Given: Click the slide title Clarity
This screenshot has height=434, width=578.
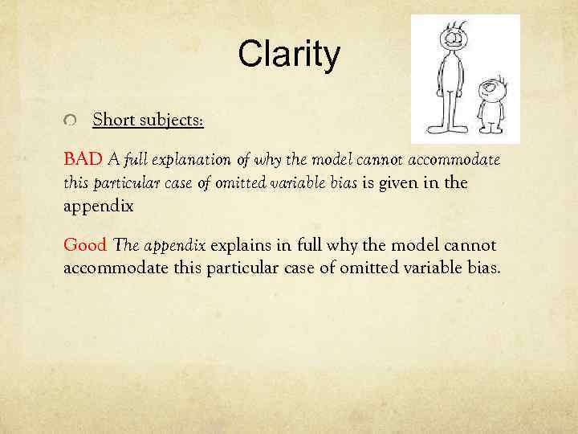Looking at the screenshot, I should pos(289,55).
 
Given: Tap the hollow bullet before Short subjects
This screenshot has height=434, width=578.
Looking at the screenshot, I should pos(71,121).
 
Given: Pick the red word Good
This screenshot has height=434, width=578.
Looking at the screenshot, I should pos(86,244).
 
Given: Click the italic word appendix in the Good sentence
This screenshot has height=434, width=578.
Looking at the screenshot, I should pos(175,244).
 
